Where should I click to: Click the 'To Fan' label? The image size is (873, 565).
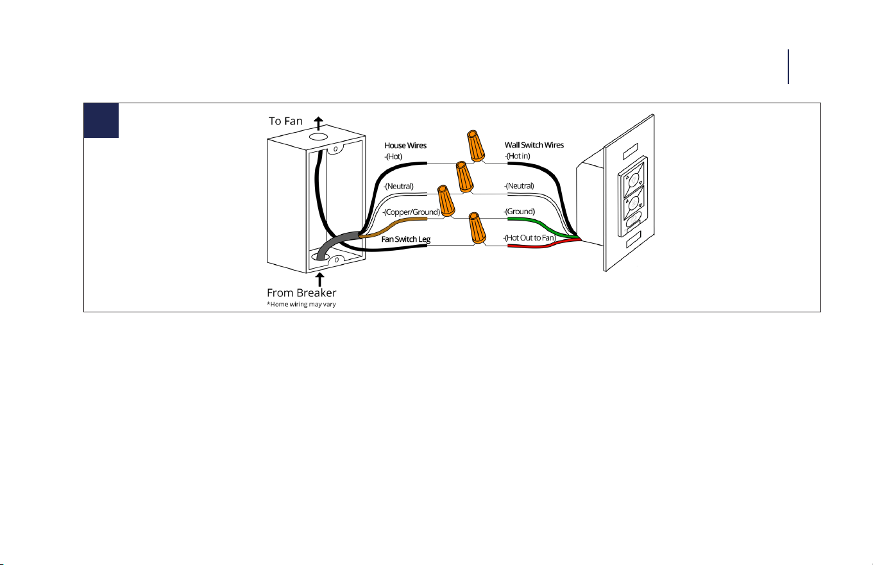click(285, 121)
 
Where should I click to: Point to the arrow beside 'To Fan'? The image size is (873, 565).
click(318, 123)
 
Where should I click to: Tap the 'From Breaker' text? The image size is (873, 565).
click(301, 292)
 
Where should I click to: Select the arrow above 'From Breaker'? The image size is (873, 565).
click(319, 280)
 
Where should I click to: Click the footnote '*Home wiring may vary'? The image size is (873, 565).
click(301, 304)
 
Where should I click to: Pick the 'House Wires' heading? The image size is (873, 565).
click(405, 146)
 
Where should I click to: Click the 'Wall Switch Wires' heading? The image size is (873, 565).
click(534, 145)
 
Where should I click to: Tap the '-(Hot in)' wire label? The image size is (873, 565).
click(518, 156)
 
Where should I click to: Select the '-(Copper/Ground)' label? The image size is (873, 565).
click(411, 212)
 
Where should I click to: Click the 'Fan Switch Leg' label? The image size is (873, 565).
click(406, 239)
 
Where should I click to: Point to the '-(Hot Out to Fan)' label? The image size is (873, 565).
click(530, 238)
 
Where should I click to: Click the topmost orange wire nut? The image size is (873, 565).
click(475, 146)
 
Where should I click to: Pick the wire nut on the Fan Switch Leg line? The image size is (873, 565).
click(477, 228)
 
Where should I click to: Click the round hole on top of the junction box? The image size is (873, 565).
click(318, 137)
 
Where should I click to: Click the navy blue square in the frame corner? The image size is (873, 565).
click(101, 121)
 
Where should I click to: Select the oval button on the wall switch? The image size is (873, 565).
click(633, 220)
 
